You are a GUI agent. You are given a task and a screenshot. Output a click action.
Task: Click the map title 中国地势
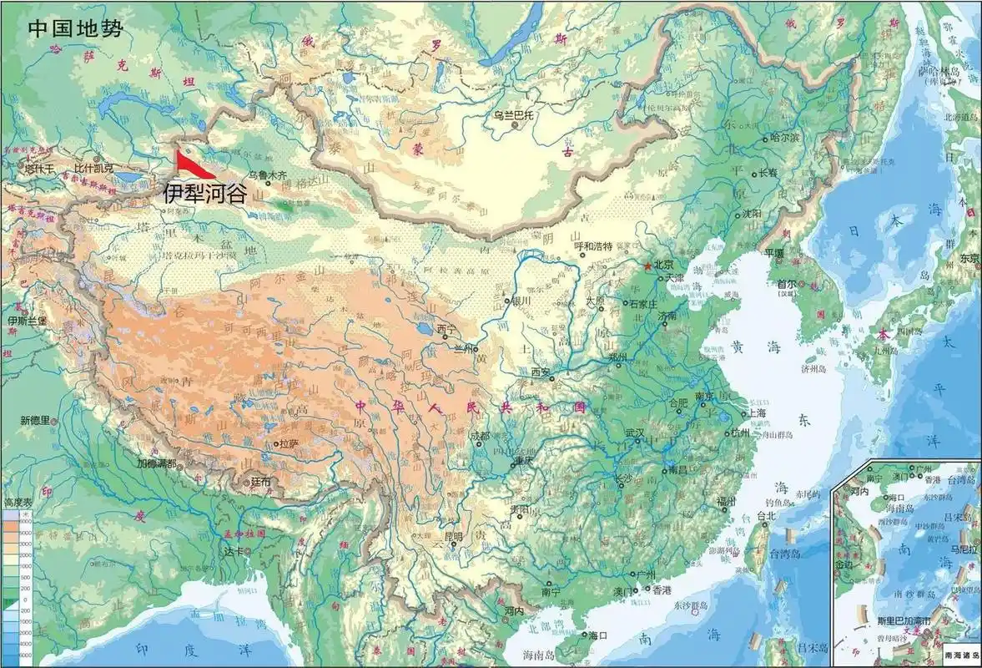[75, 29]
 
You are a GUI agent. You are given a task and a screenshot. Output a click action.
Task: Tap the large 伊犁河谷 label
[204, 193]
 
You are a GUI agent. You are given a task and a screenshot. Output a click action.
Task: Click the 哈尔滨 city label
[785, 136]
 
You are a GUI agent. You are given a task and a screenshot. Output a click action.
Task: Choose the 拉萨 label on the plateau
[289, 443]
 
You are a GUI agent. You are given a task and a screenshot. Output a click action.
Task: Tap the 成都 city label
[480, 435]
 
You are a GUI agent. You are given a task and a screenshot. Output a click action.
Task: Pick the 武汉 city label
[635, 433]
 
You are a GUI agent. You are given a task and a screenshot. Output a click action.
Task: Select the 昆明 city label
[453, 536]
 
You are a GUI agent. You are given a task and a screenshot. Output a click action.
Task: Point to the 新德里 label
[36, 420]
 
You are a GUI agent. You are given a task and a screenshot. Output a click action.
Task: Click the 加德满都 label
[157, 463]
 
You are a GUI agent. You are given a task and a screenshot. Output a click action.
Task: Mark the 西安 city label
[541, 372]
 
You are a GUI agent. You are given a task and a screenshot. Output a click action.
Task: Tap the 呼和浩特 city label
[594, 246]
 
